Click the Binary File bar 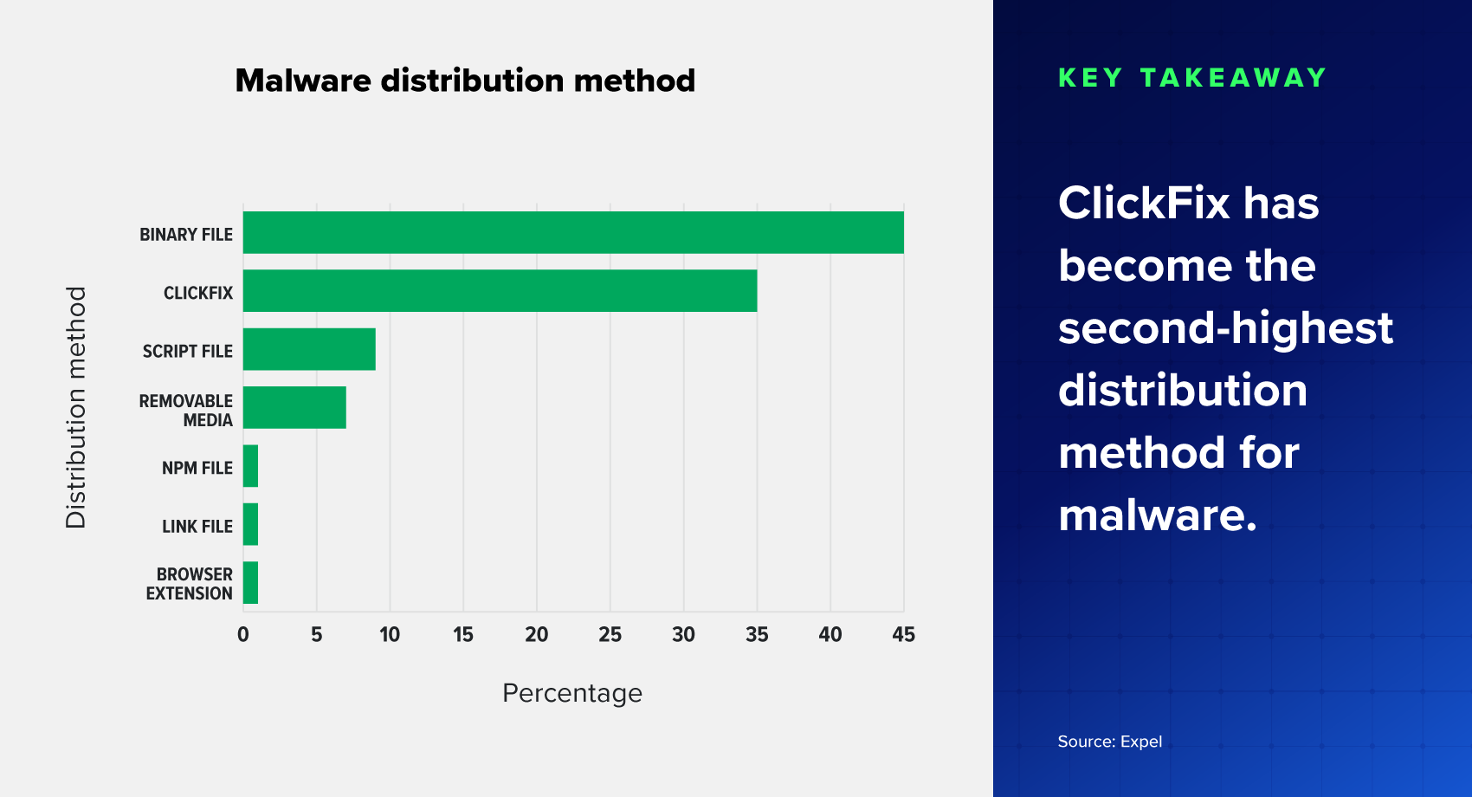coord(573,232)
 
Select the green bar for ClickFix coord(500,291)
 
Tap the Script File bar coord(309,349)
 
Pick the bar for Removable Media coord(294,407)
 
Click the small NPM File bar coord(250,466)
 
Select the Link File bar coord(250,524)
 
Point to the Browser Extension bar coord(250,582)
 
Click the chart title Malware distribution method coord(465,81)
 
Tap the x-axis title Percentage coord(571,693)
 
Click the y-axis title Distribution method coord(76,407)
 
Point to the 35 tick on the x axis coord(757,635)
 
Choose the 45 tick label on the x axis coord(903,635)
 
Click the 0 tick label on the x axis coord(243,635)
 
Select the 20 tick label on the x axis coord(537,635)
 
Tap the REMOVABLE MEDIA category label coord(186,411)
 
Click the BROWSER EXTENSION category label coord(190,584)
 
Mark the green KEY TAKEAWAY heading coord(1192,78)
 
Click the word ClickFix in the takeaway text coord(1143,204)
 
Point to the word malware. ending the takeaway coord(1157,515)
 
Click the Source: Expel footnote coord(1109,742)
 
